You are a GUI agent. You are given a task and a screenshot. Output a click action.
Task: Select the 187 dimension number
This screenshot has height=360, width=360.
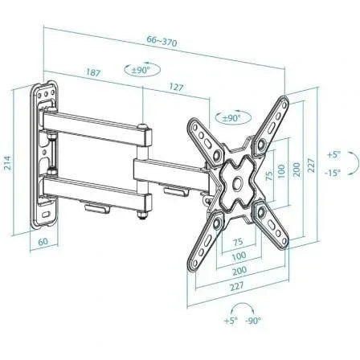94,72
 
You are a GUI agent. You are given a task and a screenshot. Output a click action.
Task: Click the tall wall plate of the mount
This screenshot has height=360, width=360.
47,153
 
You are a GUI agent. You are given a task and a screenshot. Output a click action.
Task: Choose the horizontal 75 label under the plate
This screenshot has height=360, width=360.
238,242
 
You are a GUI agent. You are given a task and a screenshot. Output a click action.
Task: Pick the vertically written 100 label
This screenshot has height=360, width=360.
280,172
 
